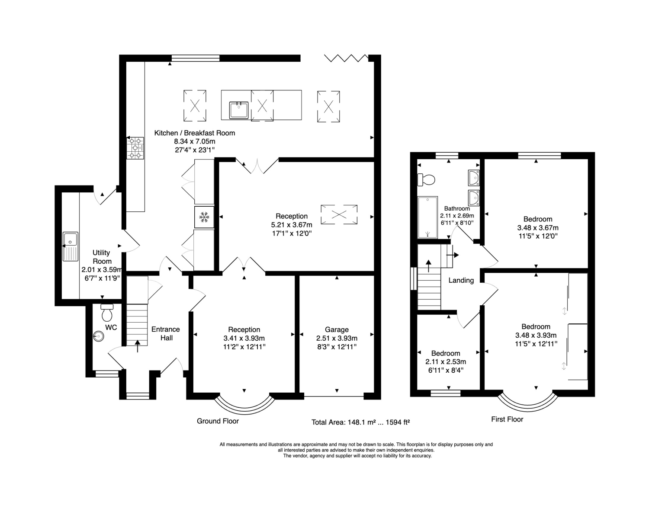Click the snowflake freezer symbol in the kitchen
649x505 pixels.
point(204,217)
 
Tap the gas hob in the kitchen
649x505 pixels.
point(135,148)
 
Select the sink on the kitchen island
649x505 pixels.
point(239,110)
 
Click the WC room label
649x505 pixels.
point(111,327)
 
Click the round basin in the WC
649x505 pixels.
point(99,336)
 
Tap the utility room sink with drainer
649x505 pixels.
point(70,246)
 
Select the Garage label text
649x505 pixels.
point(337,329)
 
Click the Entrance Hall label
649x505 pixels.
point(166,333)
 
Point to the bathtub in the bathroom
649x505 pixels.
point(427,217)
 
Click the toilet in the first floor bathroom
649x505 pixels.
point(426,180)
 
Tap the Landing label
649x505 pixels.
point(461,280)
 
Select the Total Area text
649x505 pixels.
point(360,422)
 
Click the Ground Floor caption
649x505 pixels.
point(218,421)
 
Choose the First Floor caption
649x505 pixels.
point(507,419)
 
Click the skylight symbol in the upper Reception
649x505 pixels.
point(339,214)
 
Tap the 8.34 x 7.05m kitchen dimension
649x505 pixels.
point(194,141)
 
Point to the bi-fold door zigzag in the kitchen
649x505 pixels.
point(346,58)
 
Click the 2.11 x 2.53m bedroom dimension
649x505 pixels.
point(446,362)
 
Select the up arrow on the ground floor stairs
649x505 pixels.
point(138,346)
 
